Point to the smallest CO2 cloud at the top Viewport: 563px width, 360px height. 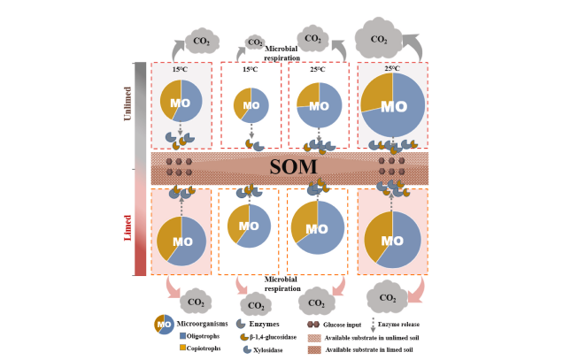(x=255, y=42)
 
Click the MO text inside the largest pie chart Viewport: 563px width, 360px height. (x=393, y=106)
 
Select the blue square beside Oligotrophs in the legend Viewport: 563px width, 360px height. (x=182, y=334)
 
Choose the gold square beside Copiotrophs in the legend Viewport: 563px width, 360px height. (x=182, y=348)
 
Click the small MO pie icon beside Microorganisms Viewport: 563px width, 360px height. (x=165, y=325)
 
